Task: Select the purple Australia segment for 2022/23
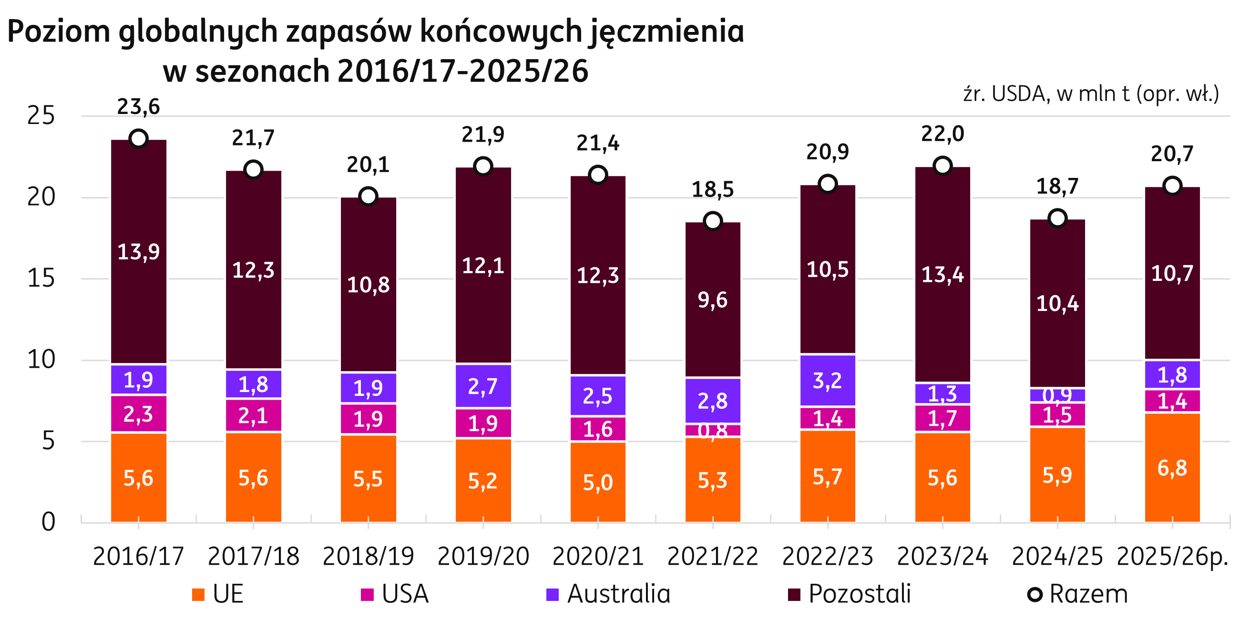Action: click(827, 380)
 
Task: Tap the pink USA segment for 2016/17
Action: click(139, 413)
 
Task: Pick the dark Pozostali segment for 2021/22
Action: click(713, 300)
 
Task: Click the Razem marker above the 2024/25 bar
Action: click(1057, 218)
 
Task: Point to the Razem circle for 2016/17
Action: click(139, 139)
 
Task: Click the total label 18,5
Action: click(713, 189)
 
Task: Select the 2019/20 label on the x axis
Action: click(483, 557)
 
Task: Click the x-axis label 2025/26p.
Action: click(1172, 557)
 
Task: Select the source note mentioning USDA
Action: click(1091, 94)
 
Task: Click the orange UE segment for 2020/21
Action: click(598, 481)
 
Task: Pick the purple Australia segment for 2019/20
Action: click(483, 386)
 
